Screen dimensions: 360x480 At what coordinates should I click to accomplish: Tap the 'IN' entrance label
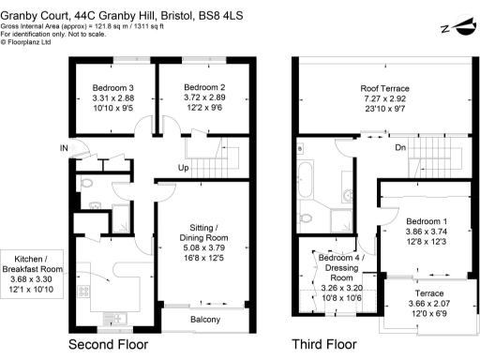[63, 148]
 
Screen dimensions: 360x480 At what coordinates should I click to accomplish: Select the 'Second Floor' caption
[109, 345]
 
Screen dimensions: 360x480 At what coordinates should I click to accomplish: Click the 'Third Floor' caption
[323, 345]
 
